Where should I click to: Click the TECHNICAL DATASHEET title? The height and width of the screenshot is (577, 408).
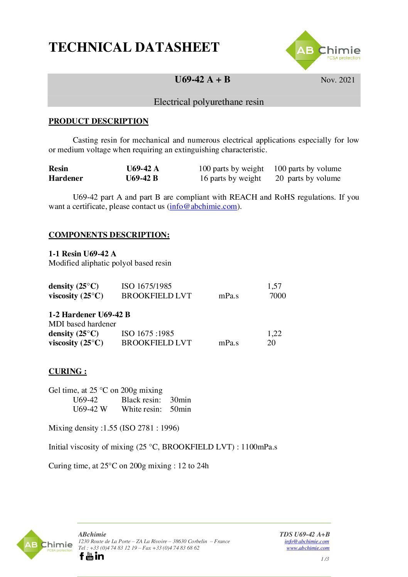(134, 47)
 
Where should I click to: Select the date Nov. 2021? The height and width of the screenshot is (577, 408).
(337, 80)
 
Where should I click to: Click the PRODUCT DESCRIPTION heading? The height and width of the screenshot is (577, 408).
(98, 121)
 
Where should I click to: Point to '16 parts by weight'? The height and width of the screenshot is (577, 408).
(230, 178)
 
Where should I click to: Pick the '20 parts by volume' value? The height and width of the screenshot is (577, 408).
(308, 178)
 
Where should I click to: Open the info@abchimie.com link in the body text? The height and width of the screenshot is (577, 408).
(203, 206)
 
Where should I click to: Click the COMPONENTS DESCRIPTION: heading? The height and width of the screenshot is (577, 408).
(109, 235)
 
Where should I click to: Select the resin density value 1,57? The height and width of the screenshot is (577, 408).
(274, 286)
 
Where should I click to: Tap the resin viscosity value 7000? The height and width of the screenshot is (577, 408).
(278, 296)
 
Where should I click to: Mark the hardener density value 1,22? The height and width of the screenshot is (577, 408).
(274, 333)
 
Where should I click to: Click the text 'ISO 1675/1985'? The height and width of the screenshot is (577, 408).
(146, 286)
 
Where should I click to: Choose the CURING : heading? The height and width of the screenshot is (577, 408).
(67, 371)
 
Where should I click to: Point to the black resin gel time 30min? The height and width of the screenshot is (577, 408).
(180, 400)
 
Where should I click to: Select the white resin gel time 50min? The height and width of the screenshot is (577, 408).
(180, 409)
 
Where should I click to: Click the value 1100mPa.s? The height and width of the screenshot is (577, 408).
(259, 447)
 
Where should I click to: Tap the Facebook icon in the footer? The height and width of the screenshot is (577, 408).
(82, 556)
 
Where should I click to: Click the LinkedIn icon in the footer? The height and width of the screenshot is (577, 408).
(99, 556)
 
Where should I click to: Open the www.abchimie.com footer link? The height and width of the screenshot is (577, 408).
(308, 548)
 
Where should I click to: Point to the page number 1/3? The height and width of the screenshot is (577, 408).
(325, 559)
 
